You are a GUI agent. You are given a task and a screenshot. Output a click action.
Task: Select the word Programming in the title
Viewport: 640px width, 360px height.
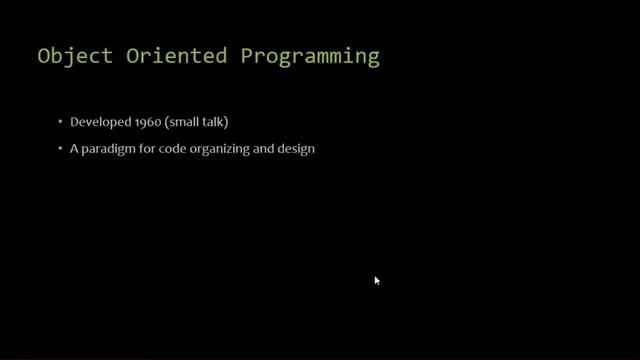(310, 57)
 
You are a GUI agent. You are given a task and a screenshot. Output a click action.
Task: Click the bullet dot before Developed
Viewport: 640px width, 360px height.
(60, 123)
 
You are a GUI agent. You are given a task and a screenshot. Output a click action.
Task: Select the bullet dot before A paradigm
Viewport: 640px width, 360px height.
(60, 151)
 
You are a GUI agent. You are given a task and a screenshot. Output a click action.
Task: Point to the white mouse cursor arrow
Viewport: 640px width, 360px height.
(377, 281)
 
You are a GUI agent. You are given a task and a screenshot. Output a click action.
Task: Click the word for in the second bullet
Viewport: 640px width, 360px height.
(145, 151)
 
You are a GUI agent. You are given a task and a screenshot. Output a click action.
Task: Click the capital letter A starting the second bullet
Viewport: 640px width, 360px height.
(73, 151)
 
